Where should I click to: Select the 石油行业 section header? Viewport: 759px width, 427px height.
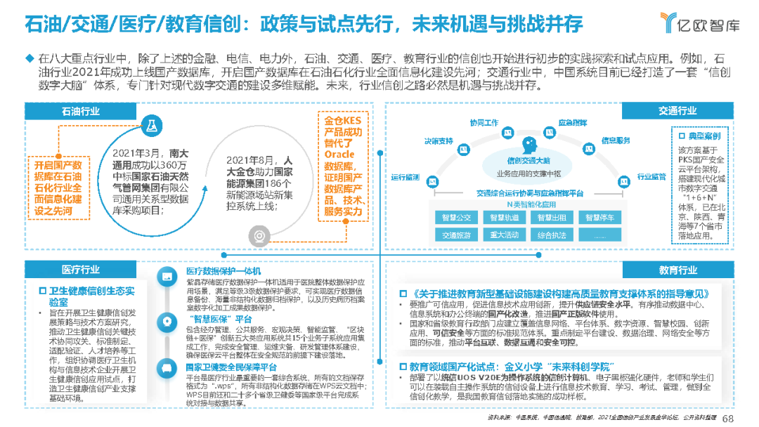tap(82, 111)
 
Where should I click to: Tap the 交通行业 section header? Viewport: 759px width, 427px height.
tap(677, 111)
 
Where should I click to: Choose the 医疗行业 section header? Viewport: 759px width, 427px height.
tap(82, 270)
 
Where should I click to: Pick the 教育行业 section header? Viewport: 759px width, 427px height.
tap(677, 270)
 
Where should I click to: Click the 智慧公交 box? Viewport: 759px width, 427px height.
tap(456, 218)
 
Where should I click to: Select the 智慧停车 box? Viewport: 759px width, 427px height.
tap(601, 218)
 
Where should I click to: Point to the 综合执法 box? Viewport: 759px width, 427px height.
tap(552, 235)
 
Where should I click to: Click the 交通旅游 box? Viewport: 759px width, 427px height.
tap(456, 235)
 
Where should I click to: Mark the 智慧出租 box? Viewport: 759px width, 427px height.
tap(552, 218)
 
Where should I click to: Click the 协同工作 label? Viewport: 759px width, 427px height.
tap(484, 121)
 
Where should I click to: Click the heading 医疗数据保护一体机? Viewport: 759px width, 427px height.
tap(223, 272)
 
